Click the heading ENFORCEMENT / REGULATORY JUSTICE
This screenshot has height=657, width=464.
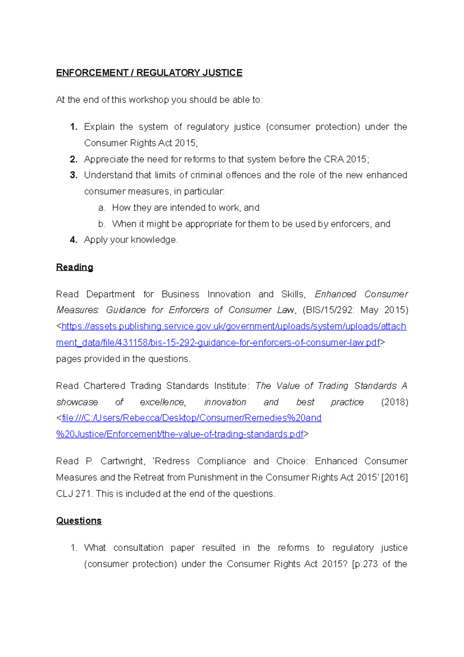click(149, 73)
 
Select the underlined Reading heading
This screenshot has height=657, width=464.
click(75, 267)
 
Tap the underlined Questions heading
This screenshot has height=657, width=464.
click(79, 521)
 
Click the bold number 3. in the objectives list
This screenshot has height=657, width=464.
click(73, 175)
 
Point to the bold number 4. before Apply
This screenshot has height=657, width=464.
click(73, 240)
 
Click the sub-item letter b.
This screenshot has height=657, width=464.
click(102, 224)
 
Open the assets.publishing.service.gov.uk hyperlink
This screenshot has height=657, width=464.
click(234, 327)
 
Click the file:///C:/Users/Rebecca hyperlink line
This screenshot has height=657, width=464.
click(191, 418)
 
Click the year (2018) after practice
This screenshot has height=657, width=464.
click(394, 402)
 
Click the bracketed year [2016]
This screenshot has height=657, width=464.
click(394, 478)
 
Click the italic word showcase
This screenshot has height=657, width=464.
click(77, 402)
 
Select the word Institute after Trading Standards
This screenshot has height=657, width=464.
click(230, 386)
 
